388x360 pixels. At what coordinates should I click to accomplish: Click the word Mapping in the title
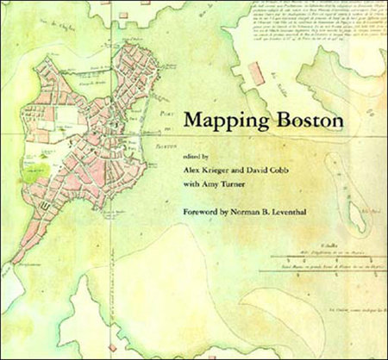(x=222, y=120)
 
